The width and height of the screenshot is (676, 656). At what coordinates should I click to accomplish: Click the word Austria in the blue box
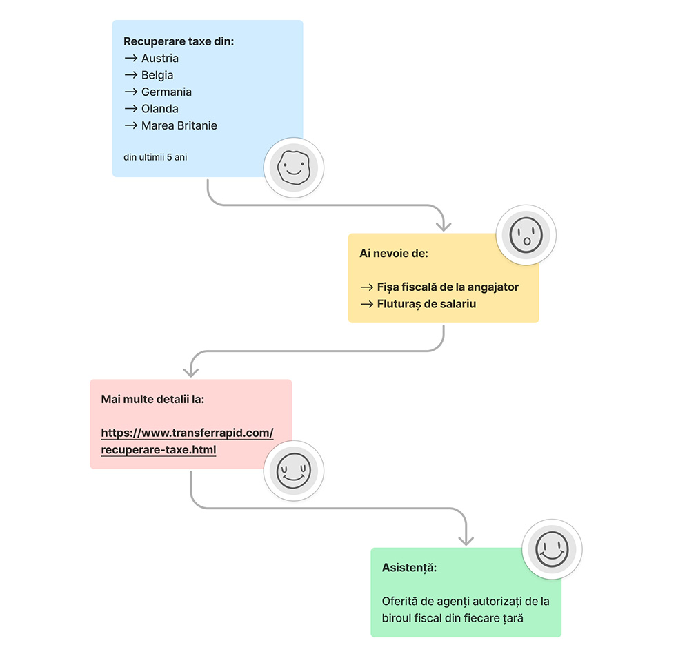pos(159,59)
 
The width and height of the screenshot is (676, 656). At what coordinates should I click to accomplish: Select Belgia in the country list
pos(157,75)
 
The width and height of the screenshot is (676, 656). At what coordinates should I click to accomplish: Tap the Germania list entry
pos(166,92)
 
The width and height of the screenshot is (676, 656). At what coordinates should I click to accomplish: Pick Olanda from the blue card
pos(159,109)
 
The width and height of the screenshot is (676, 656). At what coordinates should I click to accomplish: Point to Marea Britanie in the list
pos(179,125)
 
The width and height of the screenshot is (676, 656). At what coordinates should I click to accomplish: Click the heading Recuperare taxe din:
pos(179,41)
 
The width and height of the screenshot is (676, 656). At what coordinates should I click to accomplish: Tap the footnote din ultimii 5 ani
pos(155,157)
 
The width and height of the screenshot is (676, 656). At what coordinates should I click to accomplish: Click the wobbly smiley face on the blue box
pos(294,167)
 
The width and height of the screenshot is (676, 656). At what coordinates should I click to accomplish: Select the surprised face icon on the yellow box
pos(526,235)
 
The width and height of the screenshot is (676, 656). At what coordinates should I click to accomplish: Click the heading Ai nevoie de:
pos(394,254)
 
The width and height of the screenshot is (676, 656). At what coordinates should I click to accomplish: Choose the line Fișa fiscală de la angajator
pos(447,287)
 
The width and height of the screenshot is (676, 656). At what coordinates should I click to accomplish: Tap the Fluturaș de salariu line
pos(426,303)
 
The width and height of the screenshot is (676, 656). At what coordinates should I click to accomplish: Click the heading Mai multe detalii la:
pos(152,399)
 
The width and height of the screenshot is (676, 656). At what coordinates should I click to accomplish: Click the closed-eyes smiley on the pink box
pos(294,471)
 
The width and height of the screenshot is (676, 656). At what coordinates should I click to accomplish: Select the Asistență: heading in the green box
pos(409,567)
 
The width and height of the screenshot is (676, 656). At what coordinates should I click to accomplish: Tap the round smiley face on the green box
pos(552,549)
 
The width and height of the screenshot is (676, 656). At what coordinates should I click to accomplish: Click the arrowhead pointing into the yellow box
pos(444,225)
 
